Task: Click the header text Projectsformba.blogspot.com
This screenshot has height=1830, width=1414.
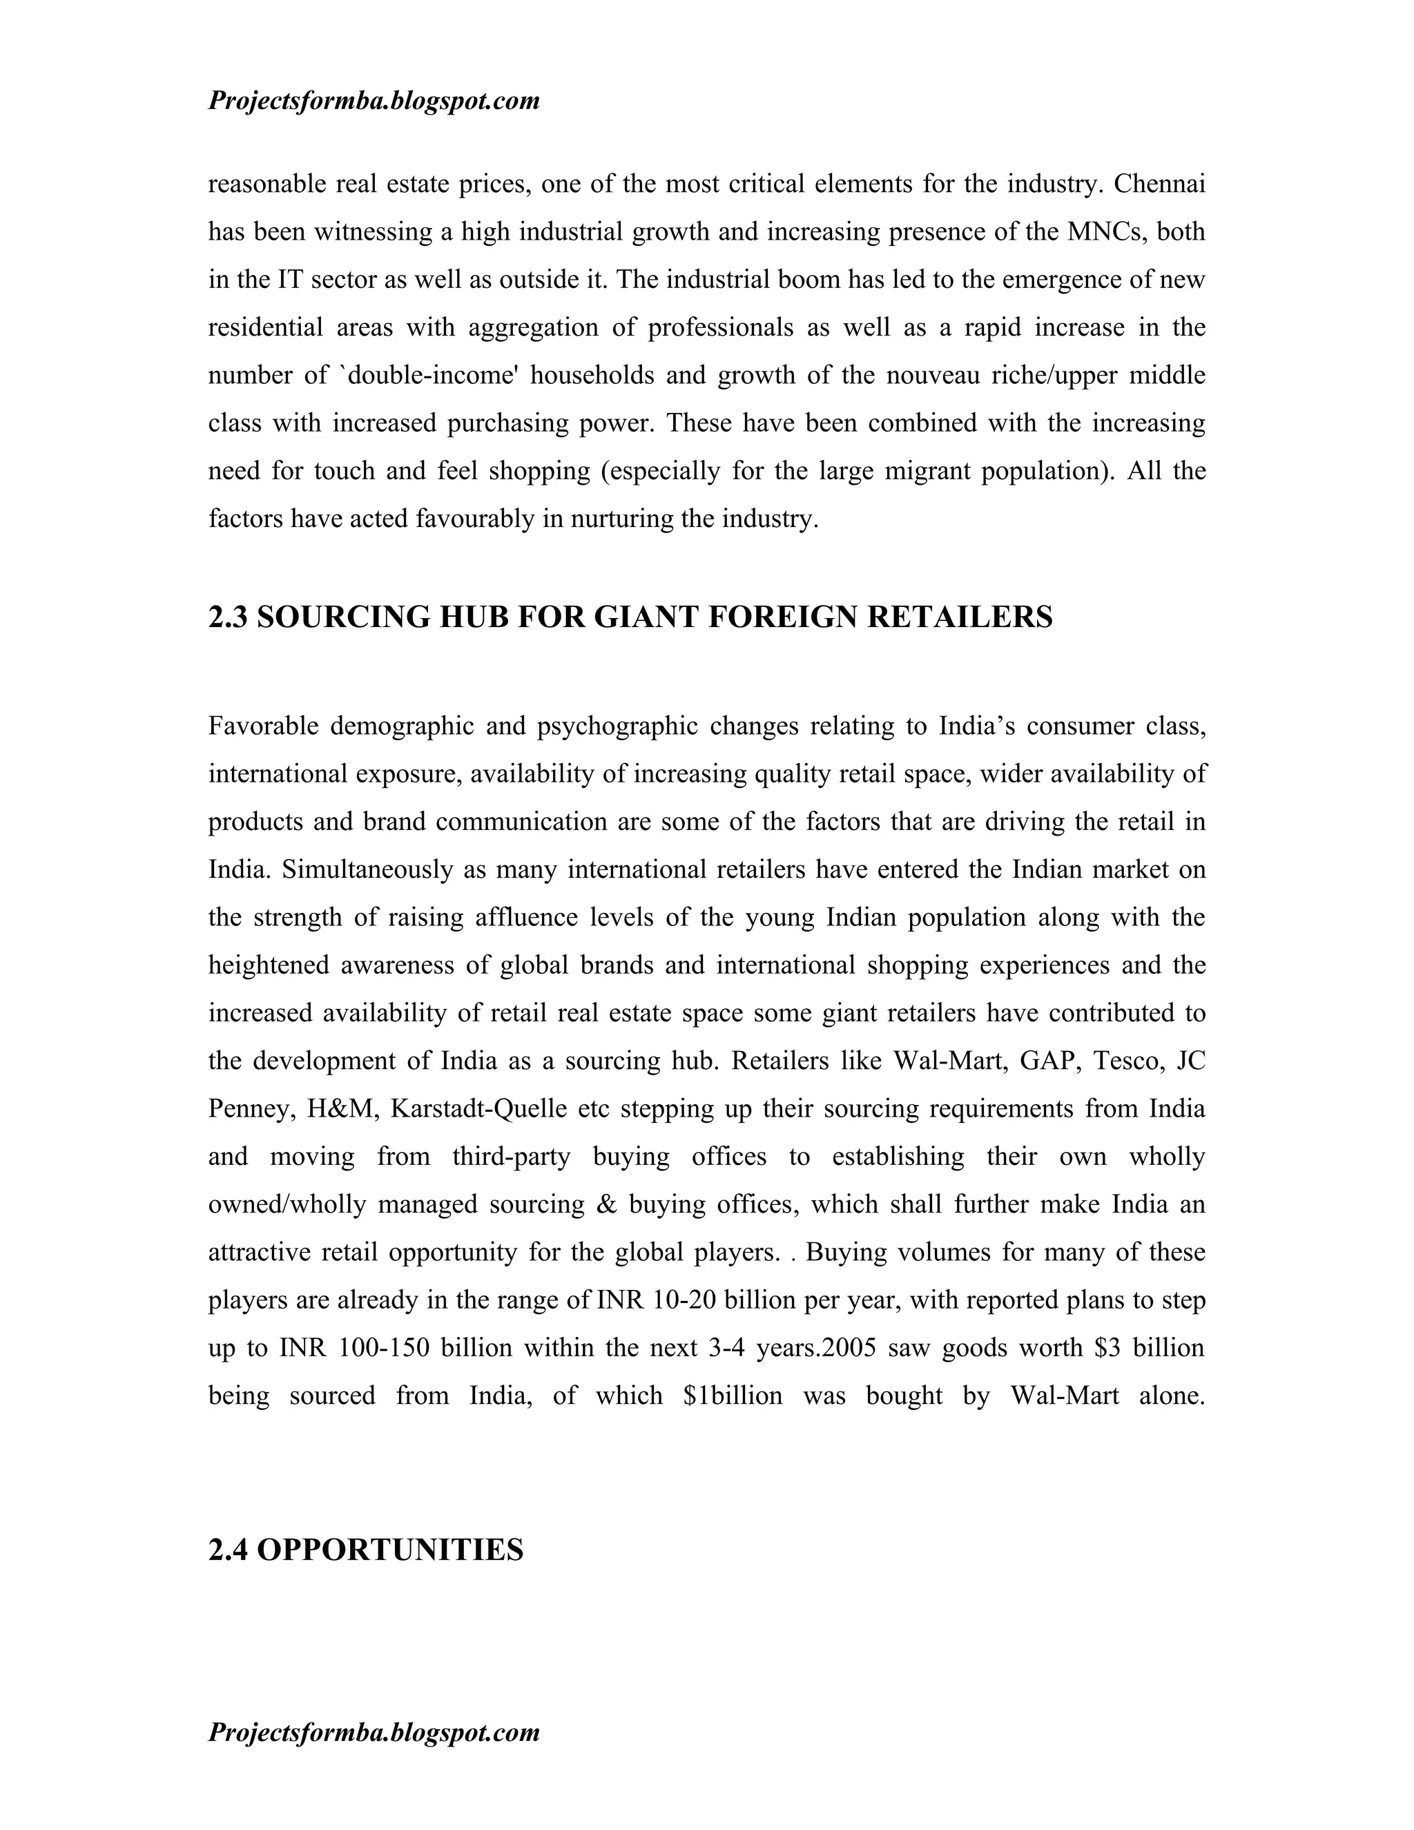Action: pyautogui.click(x=374, y=102)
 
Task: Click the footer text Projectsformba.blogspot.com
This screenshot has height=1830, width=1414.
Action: pyautogui.click(x=374, y=1732)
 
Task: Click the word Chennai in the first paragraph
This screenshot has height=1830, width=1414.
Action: pyautogui.click(x=1159, y=184)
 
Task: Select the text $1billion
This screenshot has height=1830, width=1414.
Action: pyautogui.click(x=732, y=1396)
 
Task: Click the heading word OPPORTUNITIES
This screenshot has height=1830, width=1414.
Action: pyautogui.click(x=389, y=1550)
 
